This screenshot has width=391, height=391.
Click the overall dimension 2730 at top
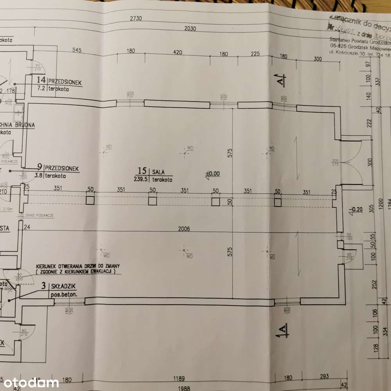(x=136, y=18)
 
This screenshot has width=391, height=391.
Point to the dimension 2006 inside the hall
(x=183, y=229)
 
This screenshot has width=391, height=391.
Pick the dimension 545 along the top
(x=77, y=50)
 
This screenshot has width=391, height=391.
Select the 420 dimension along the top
(x=178, y=52)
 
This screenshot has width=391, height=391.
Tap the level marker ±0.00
(x=213, y=174)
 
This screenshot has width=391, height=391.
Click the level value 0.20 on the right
(x=359, y=210)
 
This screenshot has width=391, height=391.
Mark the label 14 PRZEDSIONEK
(x=59, y=82)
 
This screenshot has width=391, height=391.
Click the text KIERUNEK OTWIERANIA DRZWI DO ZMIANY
(x=78, y=265)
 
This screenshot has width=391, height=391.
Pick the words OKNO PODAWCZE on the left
(x=39, y=215)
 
